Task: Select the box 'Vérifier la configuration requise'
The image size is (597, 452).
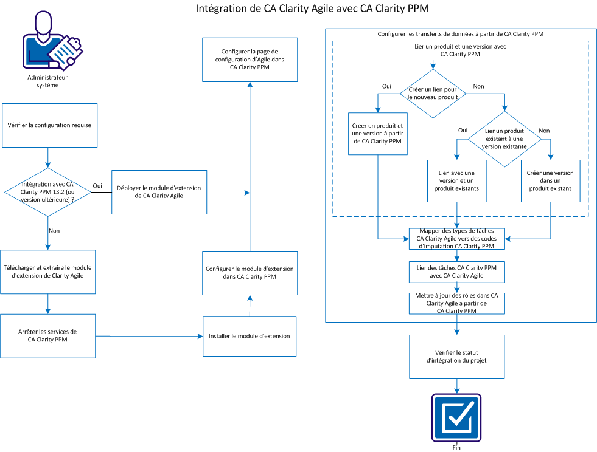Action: pos(50,125)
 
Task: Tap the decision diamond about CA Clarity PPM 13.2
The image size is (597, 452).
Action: pos(49,192)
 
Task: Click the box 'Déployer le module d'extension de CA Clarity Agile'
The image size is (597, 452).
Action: pos(159,192)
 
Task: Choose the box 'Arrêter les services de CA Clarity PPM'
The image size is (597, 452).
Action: pos(48,335)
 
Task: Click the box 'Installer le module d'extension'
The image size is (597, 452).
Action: pos(249,335)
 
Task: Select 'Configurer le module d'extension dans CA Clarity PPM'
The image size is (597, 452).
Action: pos(249,273)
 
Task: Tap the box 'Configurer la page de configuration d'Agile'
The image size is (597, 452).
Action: pos(249,60)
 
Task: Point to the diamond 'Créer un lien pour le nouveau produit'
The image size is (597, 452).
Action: pos(433,94)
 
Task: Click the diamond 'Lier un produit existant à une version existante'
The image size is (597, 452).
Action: pos(504,139)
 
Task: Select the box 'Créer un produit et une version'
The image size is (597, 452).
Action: pos(377,134)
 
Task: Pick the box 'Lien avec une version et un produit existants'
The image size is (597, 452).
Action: pos(458,180)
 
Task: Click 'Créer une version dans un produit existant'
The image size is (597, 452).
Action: pos(550,180)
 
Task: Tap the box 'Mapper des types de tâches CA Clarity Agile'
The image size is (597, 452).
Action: pos(457,239)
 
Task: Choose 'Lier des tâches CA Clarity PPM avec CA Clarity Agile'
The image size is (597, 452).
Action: pos(457,271)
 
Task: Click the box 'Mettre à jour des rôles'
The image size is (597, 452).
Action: pos(457,303)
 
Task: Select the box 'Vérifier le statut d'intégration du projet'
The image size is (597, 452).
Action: pos(457,357)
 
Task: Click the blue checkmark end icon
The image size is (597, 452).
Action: pos(456,418)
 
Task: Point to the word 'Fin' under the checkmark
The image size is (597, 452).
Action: pos(456,448)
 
